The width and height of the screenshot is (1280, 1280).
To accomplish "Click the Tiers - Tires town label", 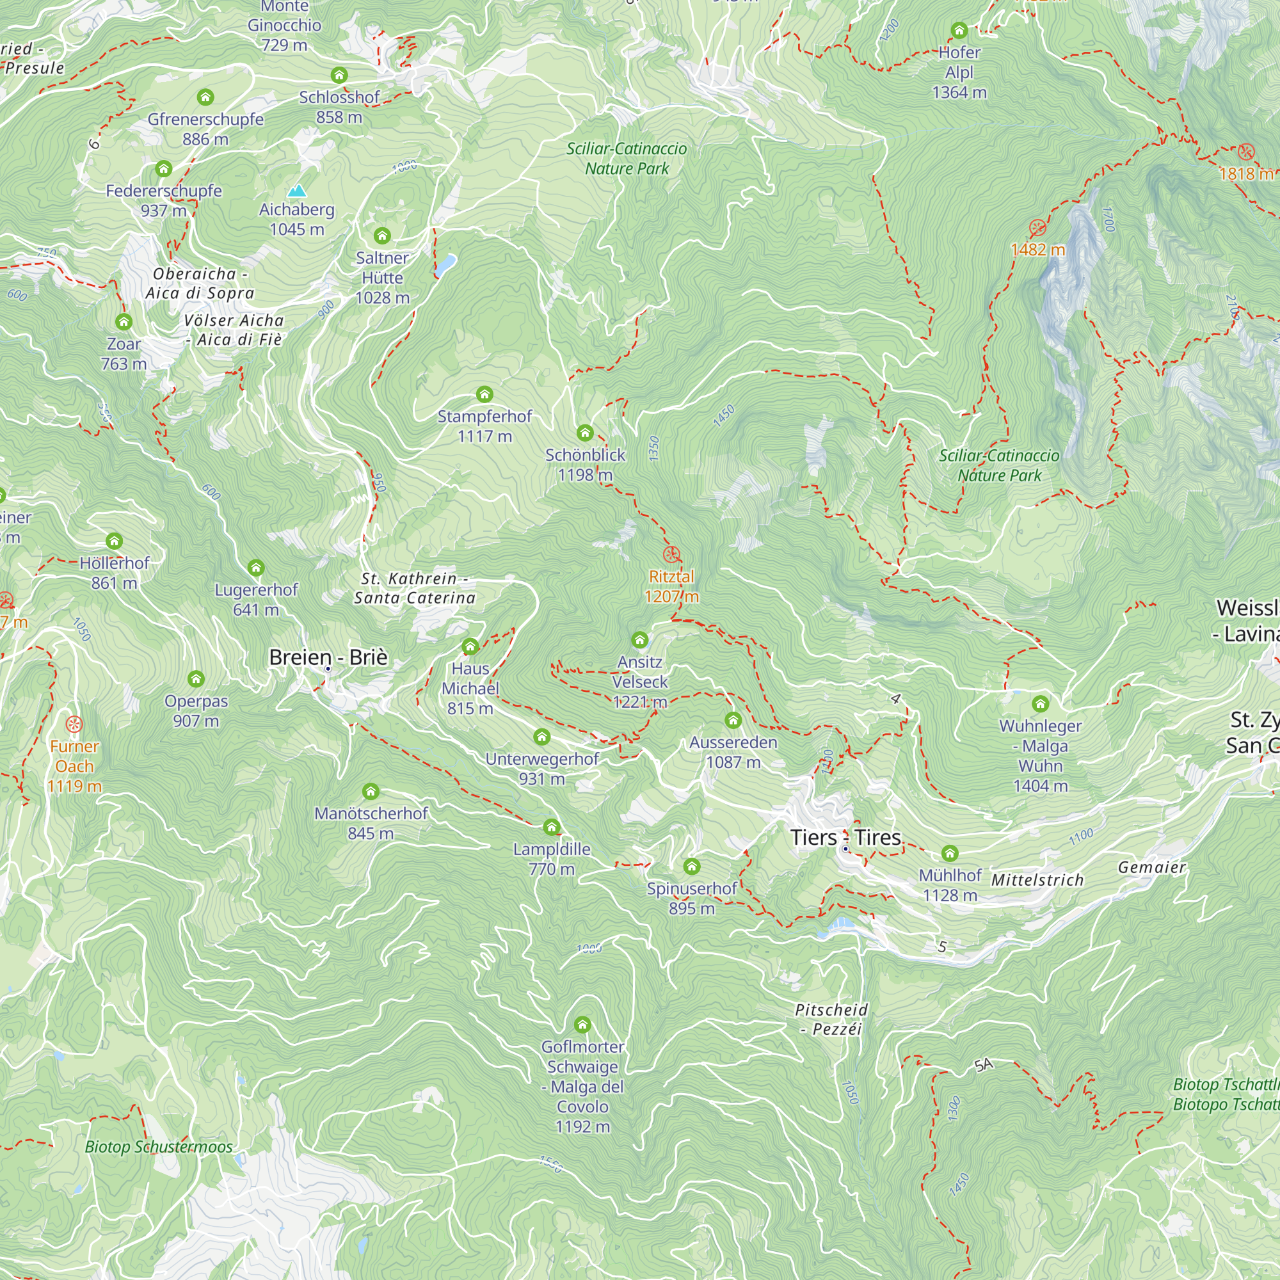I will point(845,837).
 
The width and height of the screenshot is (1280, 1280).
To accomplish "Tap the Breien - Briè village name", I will point(328,657).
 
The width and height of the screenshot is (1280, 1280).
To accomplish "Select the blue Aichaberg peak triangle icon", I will point(298,191).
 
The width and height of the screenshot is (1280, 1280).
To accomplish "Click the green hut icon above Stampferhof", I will point(484,395).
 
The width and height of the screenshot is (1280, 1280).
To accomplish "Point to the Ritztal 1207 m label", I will point(671,586).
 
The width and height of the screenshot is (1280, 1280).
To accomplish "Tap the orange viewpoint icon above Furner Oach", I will point(74,724).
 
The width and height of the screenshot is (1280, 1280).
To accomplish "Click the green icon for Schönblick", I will point(584,433).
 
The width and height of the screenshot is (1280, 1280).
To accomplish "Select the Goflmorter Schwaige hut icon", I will point(582,1025).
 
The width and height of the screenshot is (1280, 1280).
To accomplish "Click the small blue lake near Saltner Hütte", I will point(445,264).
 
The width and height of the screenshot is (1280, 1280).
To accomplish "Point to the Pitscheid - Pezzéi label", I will point(831,1019).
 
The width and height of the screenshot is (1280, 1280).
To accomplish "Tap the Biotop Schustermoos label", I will point(158,1147).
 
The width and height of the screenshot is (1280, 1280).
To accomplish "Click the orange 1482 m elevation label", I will point(1037,250).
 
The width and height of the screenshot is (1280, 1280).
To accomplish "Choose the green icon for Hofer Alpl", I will point(959,31).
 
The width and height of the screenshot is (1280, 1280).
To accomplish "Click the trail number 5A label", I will point(984,1065).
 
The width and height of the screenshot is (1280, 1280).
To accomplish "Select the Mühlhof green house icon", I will point(949,853).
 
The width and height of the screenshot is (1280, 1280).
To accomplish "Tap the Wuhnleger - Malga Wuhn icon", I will point(1040,703).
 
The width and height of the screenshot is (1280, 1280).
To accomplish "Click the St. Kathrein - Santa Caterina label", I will point(414,588).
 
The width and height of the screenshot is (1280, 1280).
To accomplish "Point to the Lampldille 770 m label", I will point(552,859).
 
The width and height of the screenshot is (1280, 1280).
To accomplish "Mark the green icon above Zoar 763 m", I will point(124,323).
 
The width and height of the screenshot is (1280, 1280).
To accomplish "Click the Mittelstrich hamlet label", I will point(1037,880).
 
